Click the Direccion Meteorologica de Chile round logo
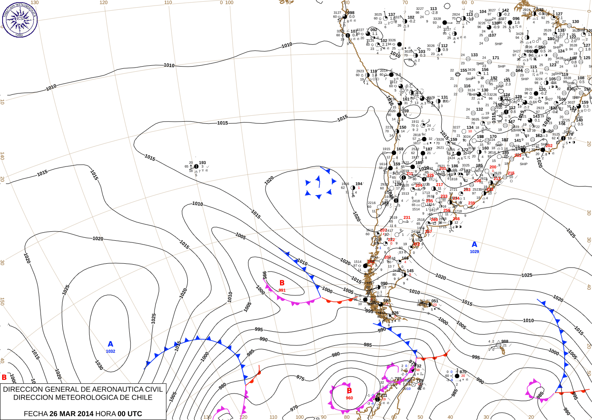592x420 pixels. (x=19, y=19)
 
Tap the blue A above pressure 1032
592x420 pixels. (x=111, y=344)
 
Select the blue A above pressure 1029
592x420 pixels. (x=474, y=245)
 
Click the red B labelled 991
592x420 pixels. (x=282, y=283)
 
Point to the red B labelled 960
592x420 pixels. (x=349, y=391)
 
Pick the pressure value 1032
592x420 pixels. (x=111, y=351)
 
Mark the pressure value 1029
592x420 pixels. (x=474, y=252)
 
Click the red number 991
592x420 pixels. (x=282, y=290)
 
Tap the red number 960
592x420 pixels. (x=349, y=398)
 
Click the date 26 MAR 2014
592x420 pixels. (x=71, y=414)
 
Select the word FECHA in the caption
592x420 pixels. (x=35, y=414)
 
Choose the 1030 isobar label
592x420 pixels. (x=99, y=365)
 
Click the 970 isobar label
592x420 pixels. (x=294, y=408)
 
